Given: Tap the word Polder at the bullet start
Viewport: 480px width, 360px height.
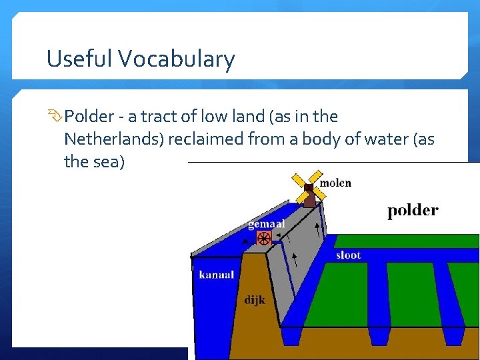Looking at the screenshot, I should click(x=89, y=117).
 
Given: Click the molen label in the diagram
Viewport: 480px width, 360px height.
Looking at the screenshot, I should click(x=335, y=183).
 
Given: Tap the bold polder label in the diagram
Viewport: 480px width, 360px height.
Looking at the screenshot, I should click(x=413, y=211).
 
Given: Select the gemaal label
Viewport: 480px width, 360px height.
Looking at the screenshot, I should click(x=267, y=224).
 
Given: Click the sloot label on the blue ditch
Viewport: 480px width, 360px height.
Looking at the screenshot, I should click(x=348, y=255).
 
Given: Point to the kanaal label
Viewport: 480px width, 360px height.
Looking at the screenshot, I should click(x=216, y=274).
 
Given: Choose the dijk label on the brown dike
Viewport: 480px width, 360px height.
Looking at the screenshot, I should click(x=255, y=300).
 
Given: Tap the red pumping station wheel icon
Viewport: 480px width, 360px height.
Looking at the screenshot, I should click(x=263, y=238).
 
